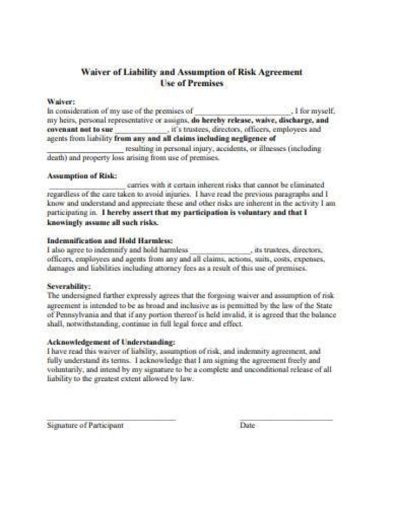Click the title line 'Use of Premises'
[191, 84]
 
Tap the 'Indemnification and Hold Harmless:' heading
[111, 240]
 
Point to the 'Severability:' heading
[69, 286]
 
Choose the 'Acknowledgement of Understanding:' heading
[115, 341]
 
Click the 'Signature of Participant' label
[85, 425]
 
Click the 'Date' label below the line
[248, 425]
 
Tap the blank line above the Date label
[286, 419]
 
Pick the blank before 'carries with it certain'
[86, 186]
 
